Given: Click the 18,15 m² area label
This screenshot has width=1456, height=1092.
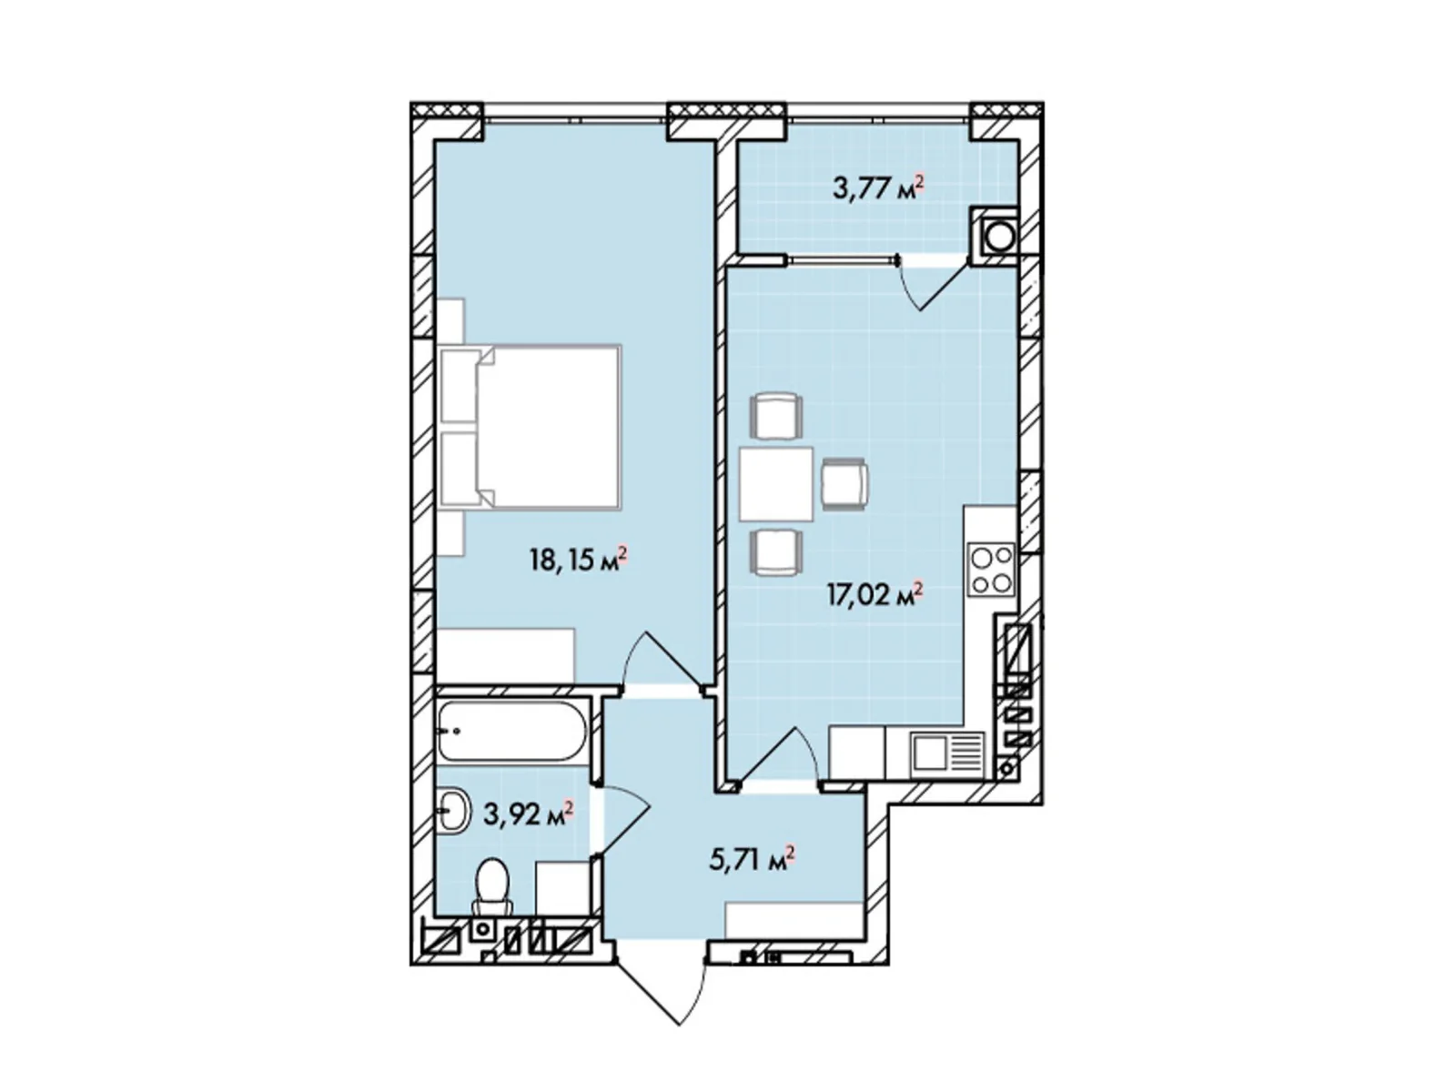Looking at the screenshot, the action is coord(578,561).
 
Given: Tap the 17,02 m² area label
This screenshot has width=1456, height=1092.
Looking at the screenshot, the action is coord(875,594).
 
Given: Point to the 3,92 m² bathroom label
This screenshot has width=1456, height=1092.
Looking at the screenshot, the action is coord(528,813).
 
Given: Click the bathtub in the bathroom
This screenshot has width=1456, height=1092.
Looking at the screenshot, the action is coord(512,730).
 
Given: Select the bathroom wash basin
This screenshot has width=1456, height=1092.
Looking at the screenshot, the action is coord(454,808).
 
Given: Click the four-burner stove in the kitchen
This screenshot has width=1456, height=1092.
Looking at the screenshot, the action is coord(992,569).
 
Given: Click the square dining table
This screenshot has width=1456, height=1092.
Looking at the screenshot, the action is coord(777,485).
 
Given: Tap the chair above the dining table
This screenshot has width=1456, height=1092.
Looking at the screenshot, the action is coord(775,415).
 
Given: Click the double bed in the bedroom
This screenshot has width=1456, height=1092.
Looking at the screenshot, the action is coord(530,426).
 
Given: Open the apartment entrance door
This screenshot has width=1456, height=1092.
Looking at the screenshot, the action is coord(663,995).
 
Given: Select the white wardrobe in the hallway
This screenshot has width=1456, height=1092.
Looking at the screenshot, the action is coord(794,920).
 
